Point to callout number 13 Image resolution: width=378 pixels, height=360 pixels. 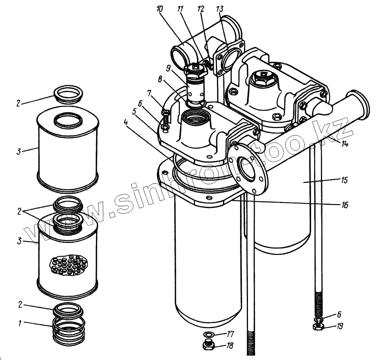[x=219, y=9]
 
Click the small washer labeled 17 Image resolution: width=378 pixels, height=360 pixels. [x=208, y=334]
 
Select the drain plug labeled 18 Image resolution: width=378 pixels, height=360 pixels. [x=209, y=345]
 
